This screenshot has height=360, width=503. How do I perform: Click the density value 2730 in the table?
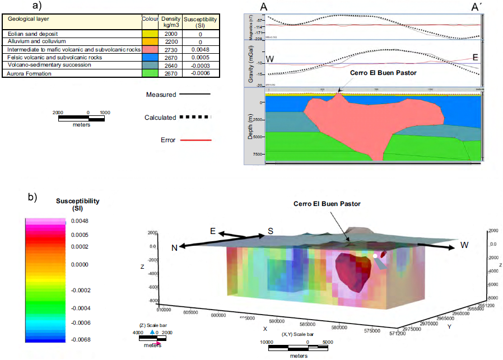pyautogui.click(x=169, y=50)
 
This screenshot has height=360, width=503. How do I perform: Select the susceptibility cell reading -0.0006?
pyautogui.click(x=199, y=73)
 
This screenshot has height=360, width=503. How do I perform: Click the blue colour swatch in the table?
pyautogui.click(x=150, y=58)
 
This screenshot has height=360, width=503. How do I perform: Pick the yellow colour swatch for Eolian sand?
pyautogui.click(x=150, y=34)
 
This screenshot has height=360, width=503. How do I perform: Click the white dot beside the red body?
pyautogui.click(x=375, y=256)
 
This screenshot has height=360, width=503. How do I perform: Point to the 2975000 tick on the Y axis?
pyautogui.click(x=426, y=329)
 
